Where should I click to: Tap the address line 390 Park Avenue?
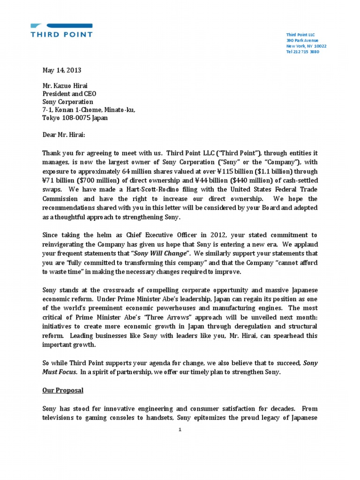tap(302, 41)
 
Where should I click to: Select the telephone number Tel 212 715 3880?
tap(303, 52)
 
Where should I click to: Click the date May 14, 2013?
tap(62, 70)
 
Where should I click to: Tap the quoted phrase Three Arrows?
tap(153, 316)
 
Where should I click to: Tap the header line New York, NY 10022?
tap(307, 46)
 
